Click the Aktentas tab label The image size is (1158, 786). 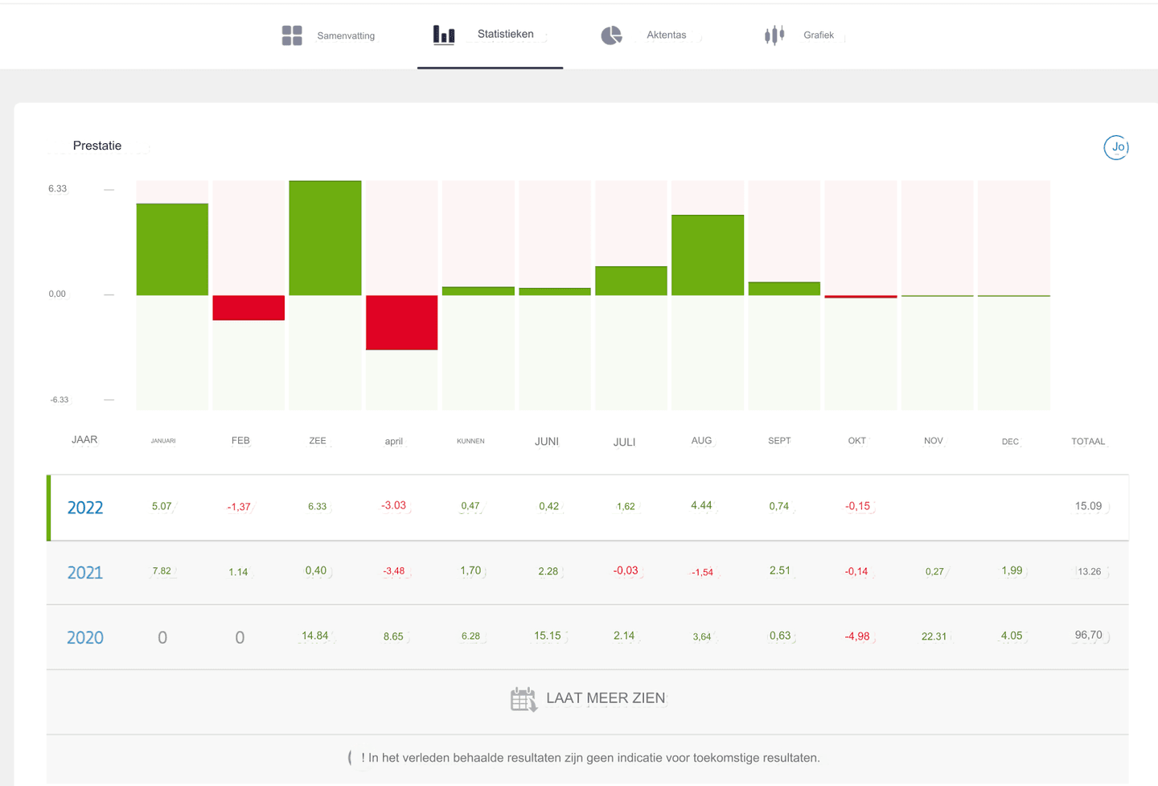(x=666, y=35)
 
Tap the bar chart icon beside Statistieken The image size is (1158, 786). (x=444, y=35)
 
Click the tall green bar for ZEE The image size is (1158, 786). (x=325, y=238)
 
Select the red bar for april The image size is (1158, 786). (x=401, y=323)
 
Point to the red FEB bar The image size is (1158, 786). (x=248, y=308)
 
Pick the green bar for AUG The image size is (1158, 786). (x=708, y=255)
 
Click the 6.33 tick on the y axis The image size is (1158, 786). (x=58, y=189)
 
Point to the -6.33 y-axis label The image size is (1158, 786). (x=60, y=400)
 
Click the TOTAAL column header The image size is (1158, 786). (x=1088, y=442)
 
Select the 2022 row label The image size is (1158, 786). (x=85, y=508)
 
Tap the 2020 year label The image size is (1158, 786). (x=85, y=638)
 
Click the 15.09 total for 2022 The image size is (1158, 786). (x=1088, y=507)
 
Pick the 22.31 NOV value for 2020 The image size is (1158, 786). (x=934, y=636)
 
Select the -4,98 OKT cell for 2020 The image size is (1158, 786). (x=857, y=636)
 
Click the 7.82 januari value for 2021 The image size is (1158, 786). (x=162, y=571)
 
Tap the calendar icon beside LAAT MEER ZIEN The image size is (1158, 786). (x=524, y=699)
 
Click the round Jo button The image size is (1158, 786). (x=1116, y=147)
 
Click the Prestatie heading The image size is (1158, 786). (x=97, y=146)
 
